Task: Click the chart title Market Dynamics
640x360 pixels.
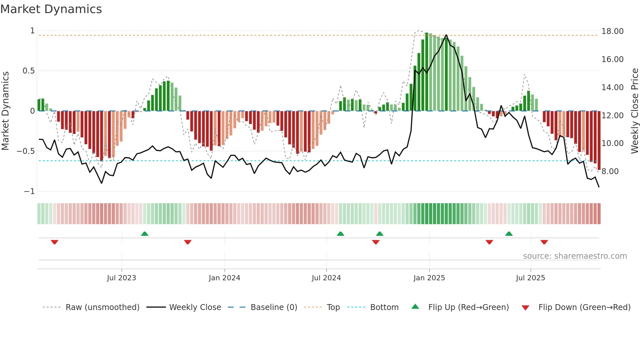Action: click(51, 9)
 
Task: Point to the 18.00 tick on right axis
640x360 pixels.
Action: click(612, 31)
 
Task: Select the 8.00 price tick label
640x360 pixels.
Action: click(610, 172)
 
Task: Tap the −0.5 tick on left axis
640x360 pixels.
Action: click(25, 151)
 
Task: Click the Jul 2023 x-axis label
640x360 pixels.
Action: click(121, 278)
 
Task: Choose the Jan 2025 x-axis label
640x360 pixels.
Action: click(429, 278)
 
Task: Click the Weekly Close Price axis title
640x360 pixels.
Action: click(634, 111)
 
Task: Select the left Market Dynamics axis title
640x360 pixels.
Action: click(5, 111)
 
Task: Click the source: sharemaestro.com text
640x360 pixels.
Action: click(575, 256)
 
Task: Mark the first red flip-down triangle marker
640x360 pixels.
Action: click(55, 242)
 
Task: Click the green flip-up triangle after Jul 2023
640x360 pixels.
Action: click(145, 234)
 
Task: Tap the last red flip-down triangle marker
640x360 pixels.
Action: click(544, 242)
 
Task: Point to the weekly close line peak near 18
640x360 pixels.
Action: click(446, 35)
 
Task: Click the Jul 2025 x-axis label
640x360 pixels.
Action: click(530, 278)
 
